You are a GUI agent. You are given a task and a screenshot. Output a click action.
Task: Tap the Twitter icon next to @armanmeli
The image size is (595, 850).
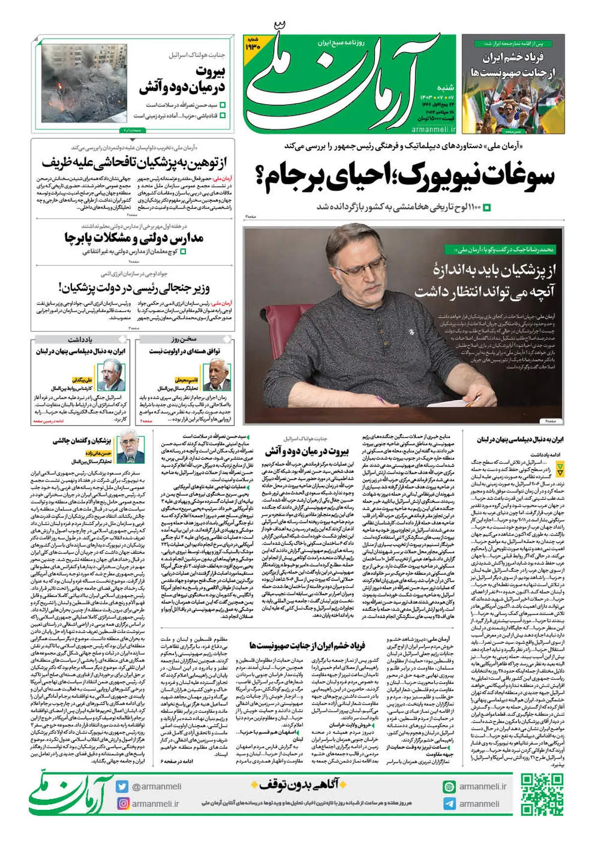click(x=122, y=787)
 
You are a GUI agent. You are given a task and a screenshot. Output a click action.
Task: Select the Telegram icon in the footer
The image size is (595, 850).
click(x=449, y=803)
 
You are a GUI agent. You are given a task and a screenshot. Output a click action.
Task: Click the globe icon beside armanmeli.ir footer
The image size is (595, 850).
click(x=449, y=787)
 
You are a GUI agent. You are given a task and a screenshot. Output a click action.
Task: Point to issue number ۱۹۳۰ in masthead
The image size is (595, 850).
click(x=253, y=45)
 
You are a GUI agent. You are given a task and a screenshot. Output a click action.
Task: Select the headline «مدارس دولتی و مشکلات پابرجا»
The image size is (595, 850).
click(x=134, y=238)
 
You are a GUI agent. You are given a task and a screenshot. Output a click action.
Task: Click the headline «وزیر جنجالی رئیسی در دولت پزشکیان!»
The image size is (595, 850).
click(x=134, y=287)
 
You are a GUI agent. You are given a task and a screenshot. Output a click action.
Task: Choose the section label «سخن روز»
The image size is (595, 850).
click(x=184, y=340)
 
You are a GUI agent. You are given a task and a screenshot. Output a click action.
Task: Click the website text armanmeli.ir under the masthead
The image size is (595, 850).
click(x=433, y=129)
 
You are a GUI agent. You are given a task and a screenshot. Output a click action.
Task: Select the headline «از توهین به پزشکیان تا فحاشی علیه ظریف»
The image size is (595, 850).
click(x=134, y=162)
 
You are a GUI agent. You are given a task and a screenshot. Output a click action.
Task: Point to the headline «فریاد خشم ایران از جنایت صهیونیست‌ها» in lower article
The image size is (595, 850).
click(x=307, y=645)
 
